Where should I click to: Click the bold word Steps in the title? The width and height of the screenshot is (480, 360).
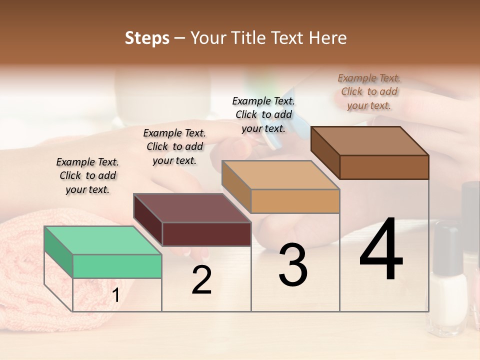147,38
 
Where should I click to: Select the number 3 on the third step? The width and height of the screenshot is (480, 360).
293,265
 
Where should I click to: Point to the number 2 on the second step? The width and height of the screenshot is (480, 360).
202,280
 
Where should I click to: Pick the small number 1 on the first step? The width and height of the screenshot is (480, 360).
116,295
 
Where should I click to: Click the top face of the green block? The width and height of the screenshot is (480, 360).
103,240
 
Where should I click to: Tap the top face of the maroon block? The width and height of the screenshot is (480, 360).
192,208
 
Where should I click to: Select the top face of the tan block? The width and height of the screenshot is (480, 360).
281,175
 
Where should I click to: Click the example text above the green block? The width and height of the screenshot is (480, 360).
87,175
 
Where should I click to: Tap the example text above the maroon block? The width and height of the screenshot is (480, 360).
174,146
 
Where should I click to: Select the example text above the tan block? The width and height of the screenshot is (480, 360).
263,114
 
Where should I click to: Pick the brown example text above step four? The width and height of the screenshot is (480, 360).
369,91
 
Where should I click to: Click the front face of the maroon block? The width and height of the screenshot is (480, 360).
206,234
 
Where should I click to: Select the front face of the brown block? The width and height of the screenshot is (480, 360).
384,167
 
